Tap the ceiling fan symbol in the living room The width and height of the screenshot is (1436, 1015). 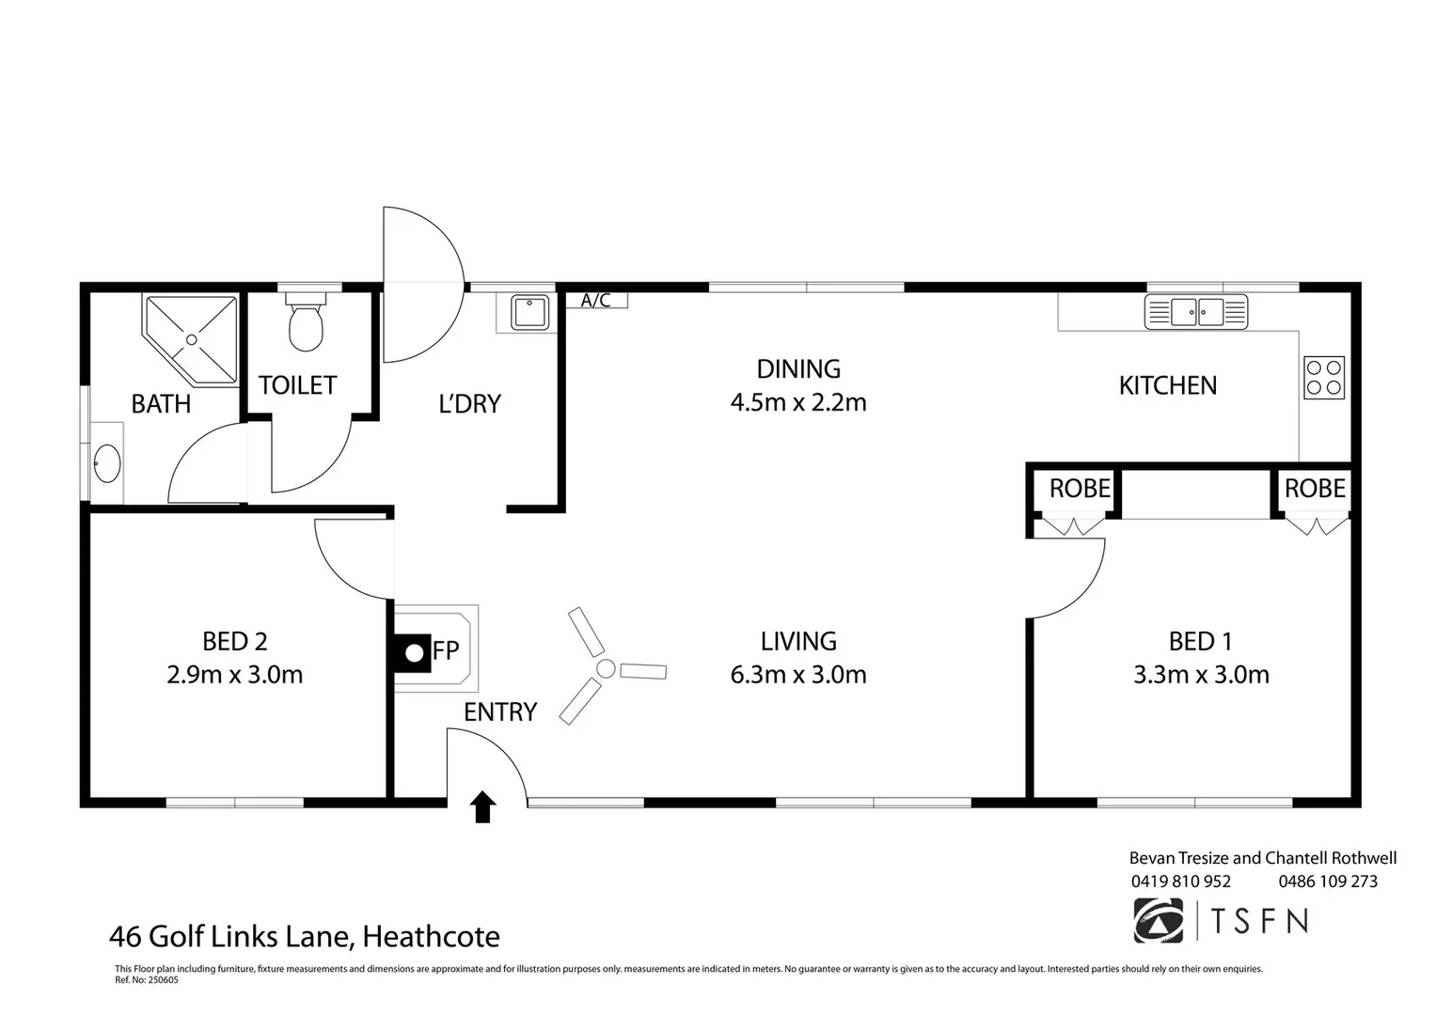[606, 668]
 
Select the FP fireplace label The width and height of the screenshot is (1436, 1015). [446, 650]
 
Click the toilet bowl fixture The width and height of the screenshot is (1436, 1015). [306, 322]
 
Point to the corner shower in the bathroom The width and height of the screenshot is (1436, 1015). [190, 340]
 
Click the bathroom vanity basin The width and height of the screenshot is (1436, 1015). [107, 462]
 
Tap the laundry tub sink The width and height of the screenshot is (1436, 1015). [529, 313]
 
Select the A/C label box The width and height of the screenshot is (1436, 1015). [596, 300]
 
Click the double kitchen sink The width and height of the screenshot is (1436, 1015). [1195, 312]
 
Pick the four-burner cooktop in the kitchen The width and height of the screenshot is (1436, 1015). [1324, 378]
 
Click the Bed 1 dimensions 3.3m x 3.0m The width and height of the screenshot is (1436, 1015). [1201, 675]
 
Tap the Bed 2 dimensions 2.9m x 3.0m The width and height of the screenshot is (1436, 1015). [235, 675]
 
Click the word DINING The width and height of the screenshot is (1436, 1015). [798, 369]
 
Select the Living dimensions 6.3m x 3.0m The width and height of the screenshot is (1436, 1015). [798, 675]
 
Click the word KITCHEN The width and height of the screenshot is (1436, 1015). [1167, 385]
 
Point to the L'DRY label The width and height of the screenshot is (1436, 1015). [470, 404]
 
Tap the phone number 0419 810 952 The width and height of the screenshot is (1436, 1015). [1181, 882]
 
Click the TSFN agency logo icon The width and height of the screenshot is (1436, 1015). [1159, 921]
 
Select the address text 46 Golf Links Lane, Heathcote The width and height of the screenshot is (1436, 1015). [305, 937]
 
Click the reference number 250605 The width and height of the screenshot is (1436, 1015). [164, 979]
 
